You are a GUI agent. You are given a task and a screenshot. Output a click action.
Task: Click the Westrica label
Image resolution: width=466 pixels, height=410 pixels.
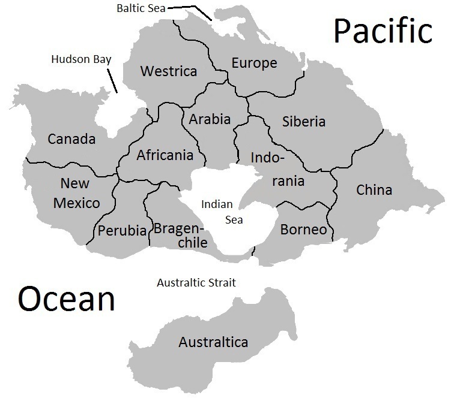[x=169, y=71]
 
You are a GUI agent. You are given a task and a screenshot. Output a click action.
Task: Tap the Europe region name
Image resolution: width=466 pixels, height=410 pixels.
[x=254, y=63]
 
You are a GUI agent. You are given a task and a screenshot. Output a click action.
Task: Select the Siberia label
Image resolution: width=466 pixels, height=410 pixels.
[x=304, y=122]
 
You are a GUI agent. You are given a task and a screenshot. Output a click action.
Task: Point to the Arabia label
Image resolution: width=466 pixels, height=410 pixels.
[x=210, y=119]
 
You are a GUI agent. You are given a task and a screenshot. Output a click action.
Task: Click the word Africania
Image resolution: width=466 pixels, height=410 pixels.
[x=165, y=155]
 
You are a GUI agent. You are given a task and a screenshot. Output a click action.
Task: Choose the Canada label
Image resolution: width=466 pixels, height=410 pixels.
[x=71, y=139]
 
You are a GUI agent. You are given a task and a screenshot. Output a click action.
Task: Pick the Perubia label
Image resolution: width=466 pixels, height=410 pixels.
[x=123, y=231]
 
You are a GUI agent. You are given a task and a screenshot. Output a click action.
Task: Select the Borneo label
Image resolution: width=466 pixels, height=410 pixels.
[x=304, y=230]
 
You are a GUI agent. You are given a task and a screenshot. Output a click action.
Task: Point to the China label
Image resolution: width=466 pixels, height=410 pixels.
[x=374, y=190]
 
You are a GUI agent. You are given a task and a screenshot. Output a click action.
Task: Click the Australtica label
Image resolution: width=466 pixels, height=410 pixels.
[x=213, y=342]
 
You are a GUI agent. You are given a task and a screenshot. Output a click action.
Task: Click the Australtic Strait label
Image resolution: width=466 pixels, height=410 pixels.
[x=196, y=282]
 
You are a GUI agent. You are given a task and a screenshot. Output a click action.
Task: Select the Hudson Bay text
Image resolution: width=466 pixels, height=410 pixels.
[x=82, y=59]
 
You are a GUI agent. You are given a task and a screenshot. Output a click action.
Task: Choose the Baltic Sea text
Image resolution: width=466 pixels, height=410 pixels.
[x=140, y=8]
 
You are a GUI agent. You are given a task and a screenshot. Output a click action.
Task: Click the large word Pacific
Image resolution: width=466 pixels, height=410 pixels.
[x=383, y=31]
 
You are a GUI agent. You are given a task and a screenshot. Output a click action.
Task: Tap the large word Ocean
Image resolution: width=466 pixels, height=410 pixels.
[x=66, y=299]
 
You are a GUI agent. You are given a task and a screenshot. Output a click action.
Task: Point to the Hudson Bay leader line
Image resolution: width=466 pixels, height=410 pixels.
[x=112, y=80]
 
